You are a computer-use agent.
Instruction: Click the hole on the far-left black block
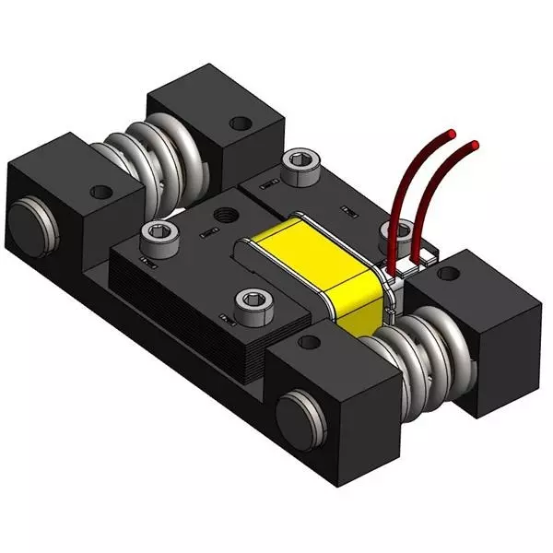100,194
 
